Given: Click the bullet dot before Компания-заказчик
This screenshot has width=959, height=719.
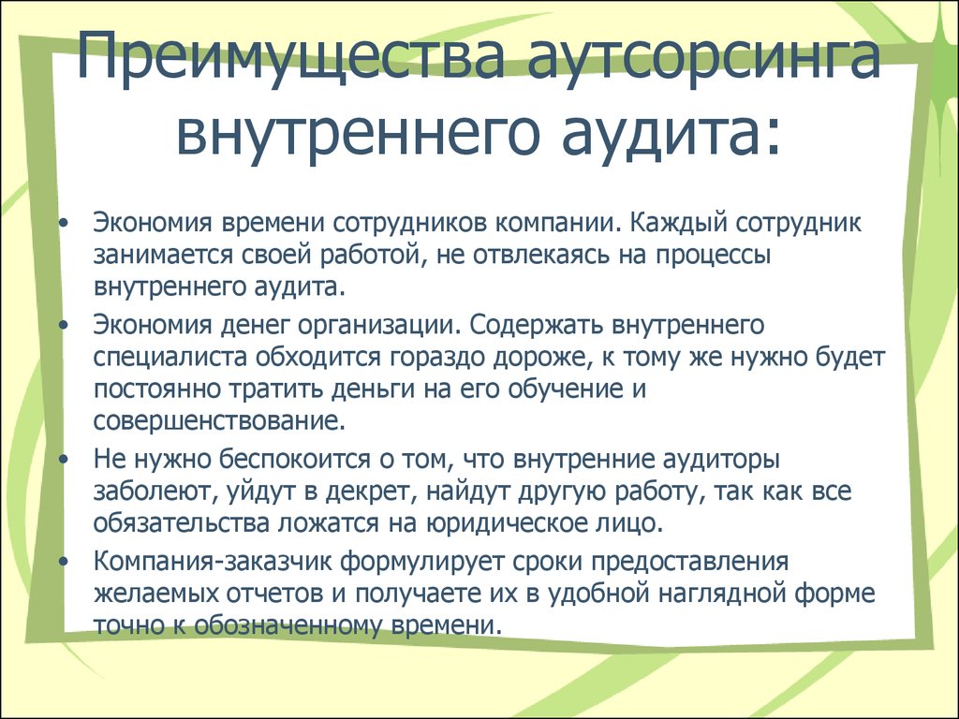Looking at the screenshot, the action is [63, 563].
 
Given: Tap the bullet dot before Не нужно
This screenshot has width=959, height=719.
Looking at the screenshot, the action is [63, 461].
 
